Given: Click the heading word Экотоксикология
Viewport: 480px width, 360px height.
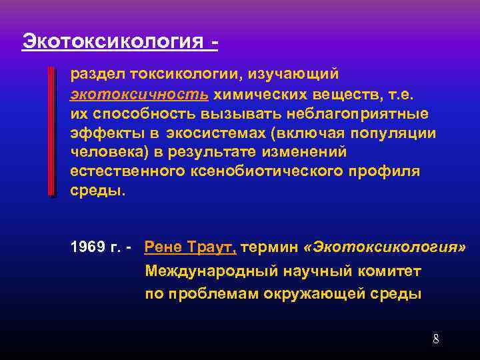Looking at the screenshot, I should (112, 41).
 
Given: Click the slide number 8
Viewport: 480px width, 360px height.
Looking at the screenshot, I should (436, 339).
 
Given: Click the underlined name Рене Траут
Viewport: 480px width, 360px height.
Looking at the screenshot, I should (190, 248).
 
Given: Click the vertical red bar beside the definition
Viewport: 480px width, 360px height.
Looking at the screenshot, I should (52, 131).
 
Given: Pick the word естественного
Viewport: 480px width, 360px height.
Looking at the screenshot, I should (116, 171).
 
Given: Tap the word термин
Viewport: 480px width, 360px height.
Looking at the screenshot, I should (270, 248).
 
